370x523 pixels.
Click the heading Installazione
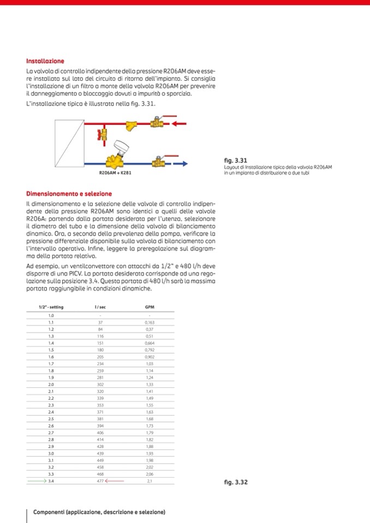(x=45, y=61)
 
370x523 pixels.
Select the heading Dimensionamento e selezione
(x=69, y=194)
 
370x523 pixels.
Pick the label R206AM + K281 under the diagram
(x=115, y=173)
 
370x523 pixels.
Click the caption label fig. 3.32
(x=236, y=482)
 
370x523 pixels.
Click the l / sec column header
(x=100, y=307)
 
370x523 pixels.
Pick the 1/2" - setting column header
(x=51, y=307)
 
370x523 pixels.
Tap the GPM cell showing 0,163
(x=149, y=322)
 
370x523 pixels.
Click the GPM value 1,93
(x=149, y=453)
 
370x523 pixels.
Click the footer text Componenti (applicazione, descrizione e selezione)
(x=99, y=512)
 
